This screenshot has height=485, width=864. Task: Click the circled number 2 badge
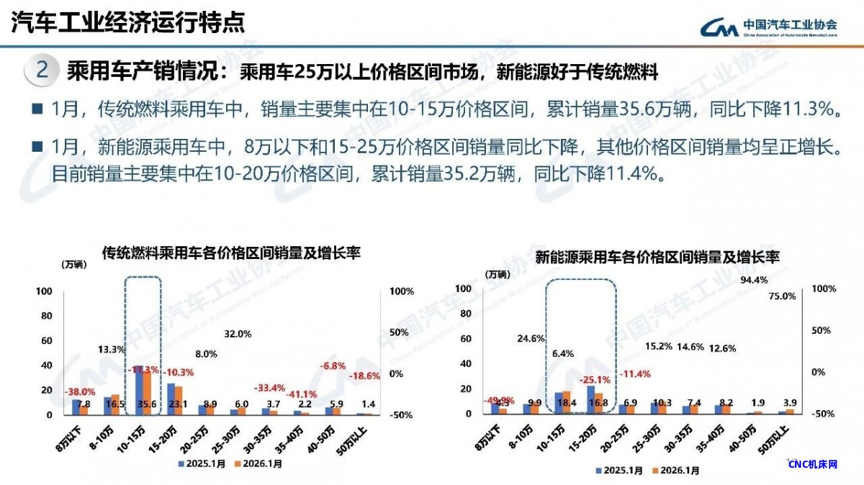(42, 71)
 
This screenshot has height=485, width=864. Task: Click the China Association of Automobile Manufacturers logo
(769, 25)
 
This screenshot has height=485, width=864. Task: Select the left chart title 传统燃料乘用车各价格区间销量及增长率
(231, 253)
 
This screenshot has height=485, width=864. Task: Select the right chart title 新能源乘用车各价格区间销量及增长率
(658, 257)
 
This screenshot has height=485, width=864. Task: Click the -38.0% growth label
(81, 392)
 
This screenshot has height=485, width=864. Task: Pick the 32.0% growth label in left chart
(238, 334)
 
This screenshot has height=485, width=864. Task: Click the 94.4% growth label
(754, 280)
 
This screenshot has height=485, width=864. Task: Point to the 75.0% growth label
(783, 296)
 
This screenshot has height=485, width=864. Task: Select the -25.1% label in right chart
(595, 379)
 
